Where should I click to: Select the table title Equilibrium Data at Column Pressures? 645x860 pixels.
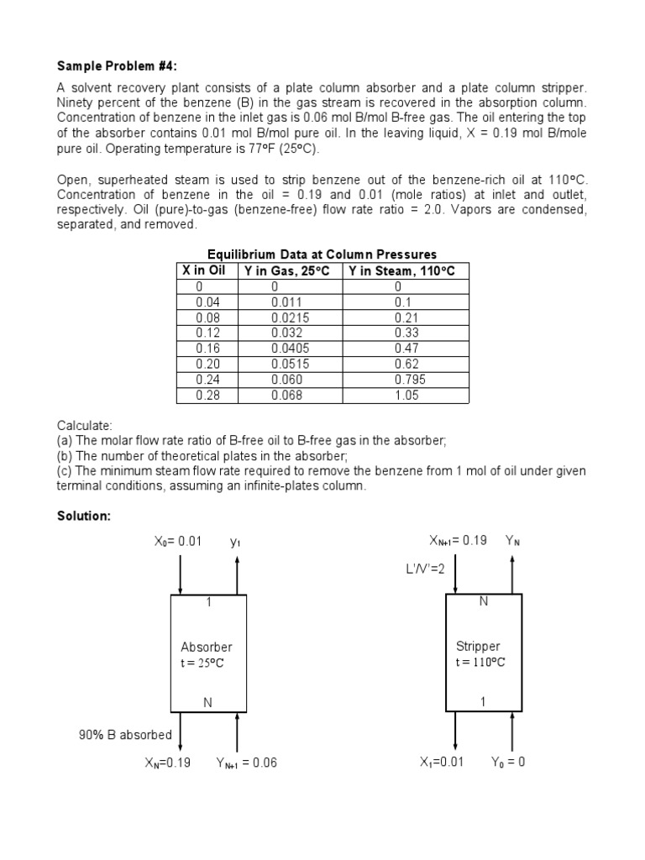(x=322, y=254)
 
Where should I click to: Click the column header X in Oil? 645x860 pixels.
(x=203, y=270)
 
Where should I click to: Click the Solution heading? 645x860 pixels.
(x=83, y=516)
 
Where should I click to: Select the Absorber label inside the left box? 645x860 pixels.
(x=207, y=647)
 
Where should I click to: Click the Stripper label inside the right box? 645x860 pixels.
(x=478, y=647)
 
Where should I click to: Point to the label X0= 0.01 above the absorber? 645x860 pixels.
(x=178, y=541)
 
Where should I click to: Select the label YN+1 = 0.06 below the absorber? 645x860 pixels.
(x=246, y=763)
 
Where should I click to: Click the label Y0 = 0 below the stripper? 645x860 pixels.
(x=508, y=763)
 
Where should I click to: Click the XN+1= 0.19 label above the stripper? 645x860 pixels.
(x=458, y=540)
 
